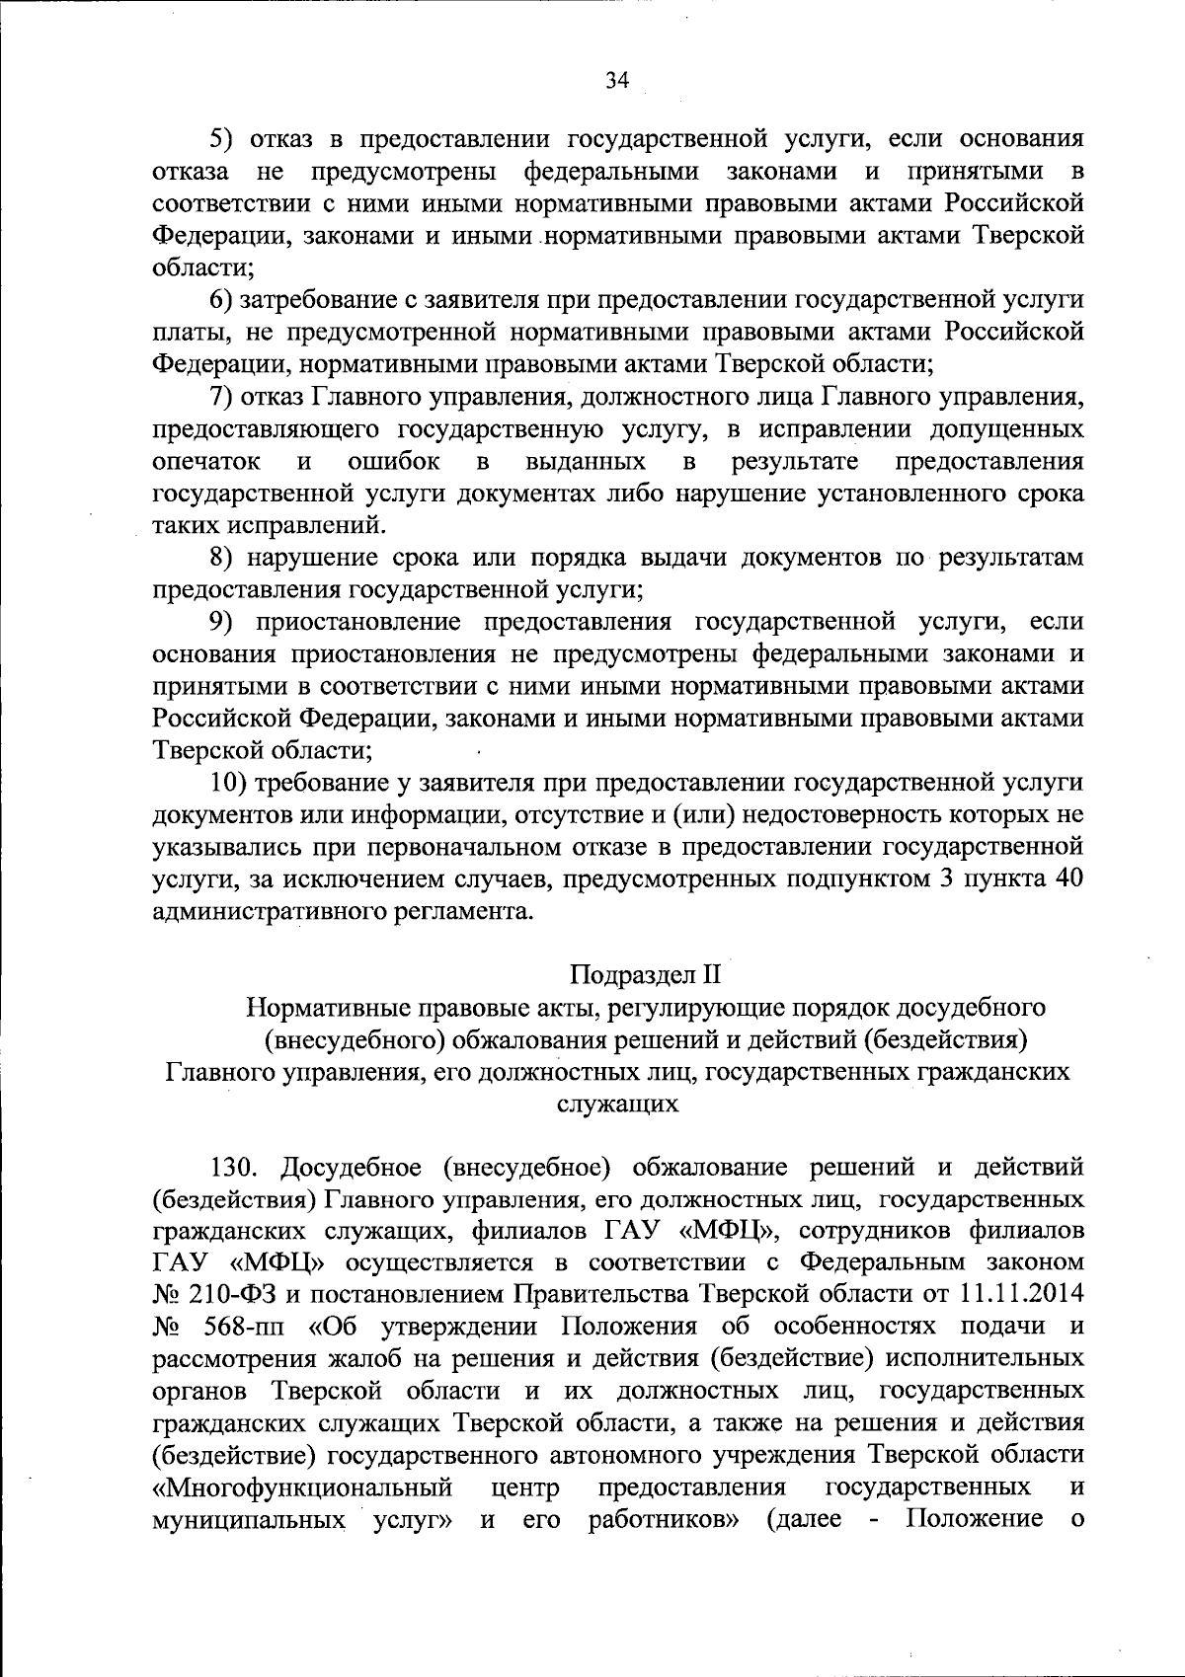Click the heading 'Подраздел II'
click(x=646, y=975)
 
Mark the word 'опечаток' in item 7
click(x=206, y=461)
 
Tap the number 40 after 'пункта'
click(x=1069, y=878)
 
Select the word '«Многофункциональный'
click(x=302, y=1486)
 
